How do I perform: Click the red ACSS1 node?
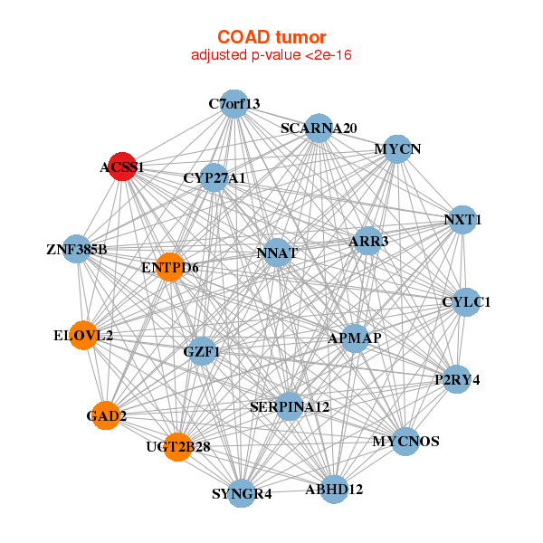point(122,167)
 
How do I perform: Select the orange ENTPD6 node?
point(170,267)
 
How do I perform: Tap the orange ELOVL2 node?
point(84,336)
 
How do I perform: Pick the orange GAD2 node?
point(106,415)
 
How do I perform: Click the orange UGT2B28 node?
point(178,446)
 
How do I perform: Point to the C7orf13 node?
point(234,103)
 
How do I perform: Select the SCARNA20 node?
point(318,129)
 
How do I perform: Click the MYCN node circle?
point(398,148)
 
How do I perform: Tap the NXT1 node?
point(462,220)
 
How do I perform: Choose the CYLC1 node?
point(466,301)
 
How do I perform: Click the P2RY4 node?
point(457,379)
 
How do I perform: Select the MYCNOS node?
point(405,442)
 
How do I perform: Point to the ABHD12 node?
point(334,490)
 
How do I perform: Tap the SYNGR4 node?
point(242,493)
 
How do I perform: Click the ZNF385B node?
point(77,249)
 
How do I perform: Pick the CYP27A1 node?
point(214,177)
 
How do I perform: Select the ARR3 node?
point(368,241)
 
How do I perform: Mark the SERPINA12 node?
point(290,407)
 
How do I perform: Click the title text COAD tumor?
point(271,37)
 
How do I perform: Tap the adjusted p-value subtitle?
point(271,55)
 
